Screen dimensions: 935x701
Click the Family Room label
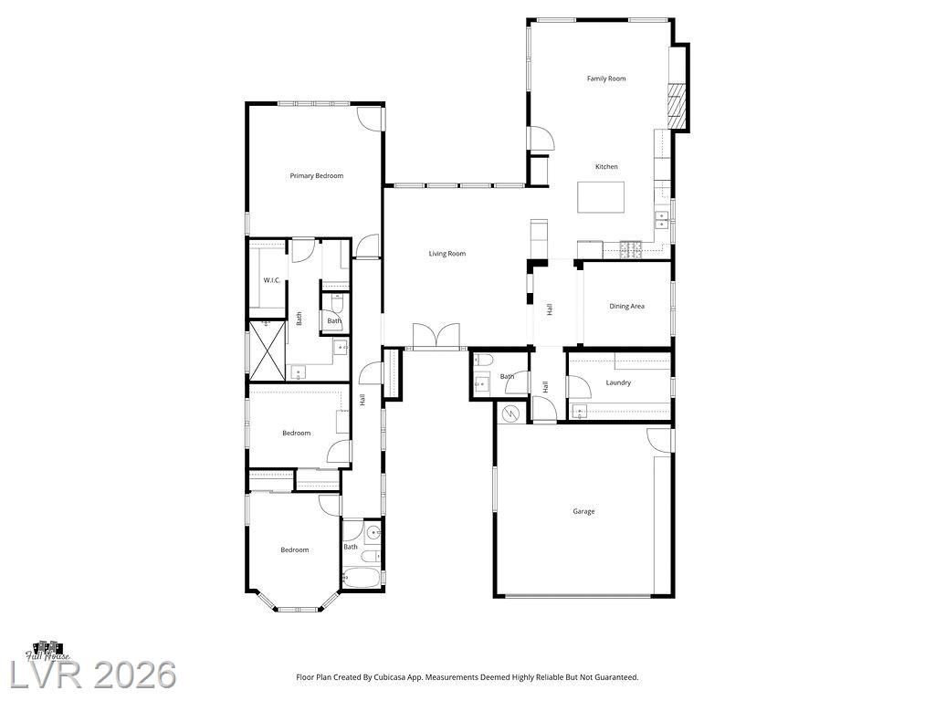pos(606,78)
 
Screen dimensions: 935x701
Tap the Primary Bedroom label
pos(317,176)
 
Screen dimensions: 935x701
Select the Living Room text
pos(447,254)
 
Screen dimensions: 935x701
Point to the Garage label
pos(583,511)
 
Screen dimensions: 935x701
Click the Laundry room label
pos(618,382)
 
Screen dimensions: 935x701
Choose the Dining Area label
pos(626,307)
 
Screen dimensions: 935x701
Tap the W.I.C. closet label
pos(272,280)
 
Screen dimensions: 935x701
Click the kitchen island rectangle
pos(601,197)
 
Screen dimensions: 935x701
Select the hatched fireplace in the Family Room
pos(678,106)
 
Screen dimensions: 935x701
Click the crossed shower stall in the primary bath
pos(267,350)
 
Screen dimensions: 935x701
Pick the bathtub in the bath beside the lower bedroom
pos(361,578)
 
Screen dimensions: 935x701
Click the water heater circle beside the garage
pos(510,413)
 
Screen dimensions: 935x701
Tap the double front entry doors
pos(436,336)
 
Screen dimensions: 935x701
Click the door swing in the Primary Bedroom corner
pos(369,118)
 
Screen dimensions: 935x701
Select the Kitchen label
pos(606,167)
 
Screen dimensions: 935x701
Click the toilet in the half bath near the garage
pos(482,360)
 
